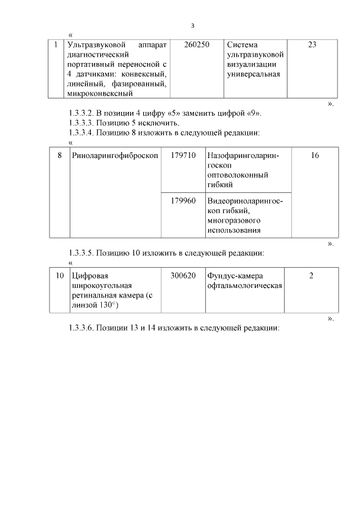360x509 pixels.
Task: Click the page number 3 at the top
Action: pos(193,25)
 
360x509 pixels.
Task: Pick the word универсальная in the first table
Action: pos(254,74)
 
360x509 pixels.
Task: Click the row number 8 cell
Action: pos(60,155)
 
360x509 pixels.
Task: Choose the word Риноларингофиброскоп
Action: pos(115,155)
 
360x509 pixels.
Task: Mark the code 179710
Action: pos(183,155)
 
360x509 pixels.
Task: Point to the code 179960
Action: pos(183,201)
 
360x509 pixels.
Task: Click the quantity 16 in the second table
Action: pos(314,155)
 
